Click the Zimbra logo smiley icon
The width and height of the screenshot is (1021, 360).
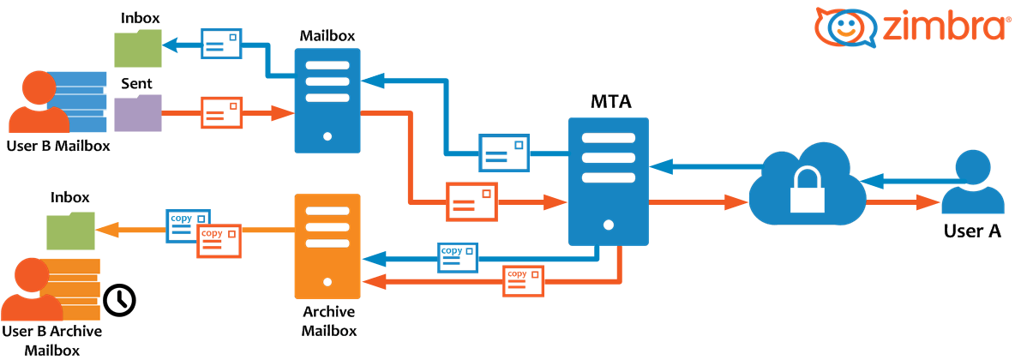(845, 26)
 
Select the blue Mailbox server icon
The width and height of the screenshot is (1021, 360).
(327, 99)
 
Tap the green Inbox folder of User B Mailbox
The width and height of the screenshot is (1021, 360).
(137, 48)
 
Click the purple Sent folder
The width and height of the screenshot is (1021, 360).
(137, 113)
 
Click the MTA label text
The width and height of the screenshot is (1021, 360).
(610, 102)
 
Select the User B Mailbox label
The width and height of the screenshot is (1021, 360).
(58, 145)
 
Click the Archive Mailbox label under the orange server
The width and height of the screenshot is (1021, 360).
(329, 321)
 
